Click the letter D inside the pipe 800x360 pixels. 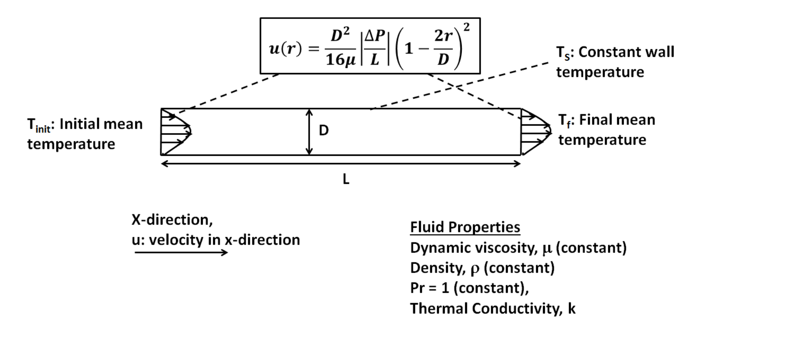click(x=324, y=130)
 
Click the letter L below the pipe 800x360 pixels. click(x=346, y=179)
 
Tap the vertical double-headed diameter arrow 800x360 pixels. click(x=309, y=132)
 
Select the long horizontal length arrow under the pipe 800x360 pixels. click(x=341, y=163)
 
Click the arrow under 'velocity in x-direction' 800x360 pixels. click(x=181, y=253)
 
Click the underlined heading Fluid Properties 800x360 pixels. click(x=465, y=227)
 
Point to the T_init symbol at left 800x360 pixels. click(x=38, y=125)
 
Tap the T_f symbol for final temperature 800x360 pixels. click(x=564, y=120)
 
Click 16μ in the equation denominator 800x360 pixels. click(x=341, y=60)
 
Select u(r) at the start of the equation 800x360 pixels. click(x=285, y=49)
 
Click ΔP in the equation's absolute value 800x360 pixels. click(x=375, y=36)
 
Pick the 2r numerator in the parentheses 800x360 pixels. click(x=443, y=36)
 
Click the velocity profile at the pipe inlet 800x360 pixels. click(x=176, y=131)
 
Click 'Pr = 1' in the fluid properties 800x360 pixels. click(x=429, y=288)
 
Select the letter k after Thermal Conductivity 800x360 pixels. click(x=572, y=309)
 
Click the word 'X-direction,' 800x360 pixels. click(x=172, y=220)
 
